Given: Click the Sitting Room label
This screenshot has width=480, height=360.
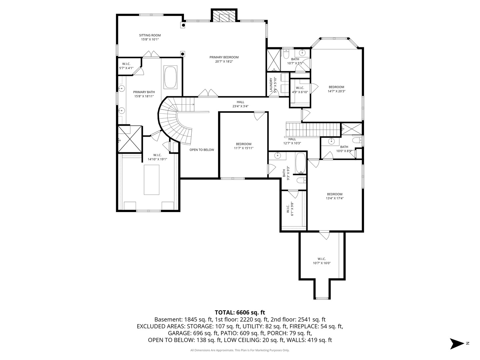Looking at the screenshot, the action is pos(150,37).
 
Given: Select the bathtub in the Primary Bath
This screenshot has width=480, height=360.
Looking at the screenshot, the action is pos(170,77).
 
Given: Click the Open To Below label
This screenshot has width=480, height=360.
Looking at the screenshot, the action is pos(202,150).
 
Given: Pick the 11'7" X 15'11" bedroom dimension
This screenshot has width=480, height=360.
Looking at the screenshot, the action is pos(244,148).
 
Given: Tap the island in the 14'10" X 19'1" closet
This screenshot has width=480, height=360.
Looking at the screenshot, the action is pos(151,180).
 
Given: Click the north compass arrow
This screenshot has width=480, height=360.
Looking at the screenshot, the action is pos(457,344).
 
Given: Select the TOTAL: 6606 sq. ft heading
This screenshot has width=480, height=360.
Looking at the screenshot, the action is pos(240,313).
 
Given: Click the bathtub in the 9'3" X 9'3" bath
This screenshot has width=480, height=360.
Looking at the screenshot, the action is pos(301,163).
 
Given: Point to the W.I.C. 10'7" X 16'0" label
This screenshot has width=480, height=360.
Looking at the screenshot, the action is pos(322,261).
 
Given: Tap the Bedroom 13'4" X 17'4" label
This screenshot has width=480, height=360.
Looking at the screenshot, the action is pos(335,196).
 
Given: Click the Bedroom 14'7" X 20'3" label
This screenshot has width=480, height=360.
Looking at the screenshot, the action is pos(336,89).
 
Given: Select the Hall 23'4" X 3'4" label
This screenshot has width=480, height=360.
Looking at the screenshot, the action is pos(240,104).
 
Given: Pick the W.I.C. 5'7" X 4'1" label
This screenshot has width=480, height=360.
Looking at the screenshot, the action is pos(126,66).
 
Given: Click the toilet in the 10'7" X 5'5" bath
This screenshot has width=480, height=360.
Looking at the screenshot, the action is pos(286,54).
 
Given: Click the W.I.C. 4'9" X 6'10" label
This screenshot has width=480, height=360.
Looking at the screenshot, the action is pos(300,90).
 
